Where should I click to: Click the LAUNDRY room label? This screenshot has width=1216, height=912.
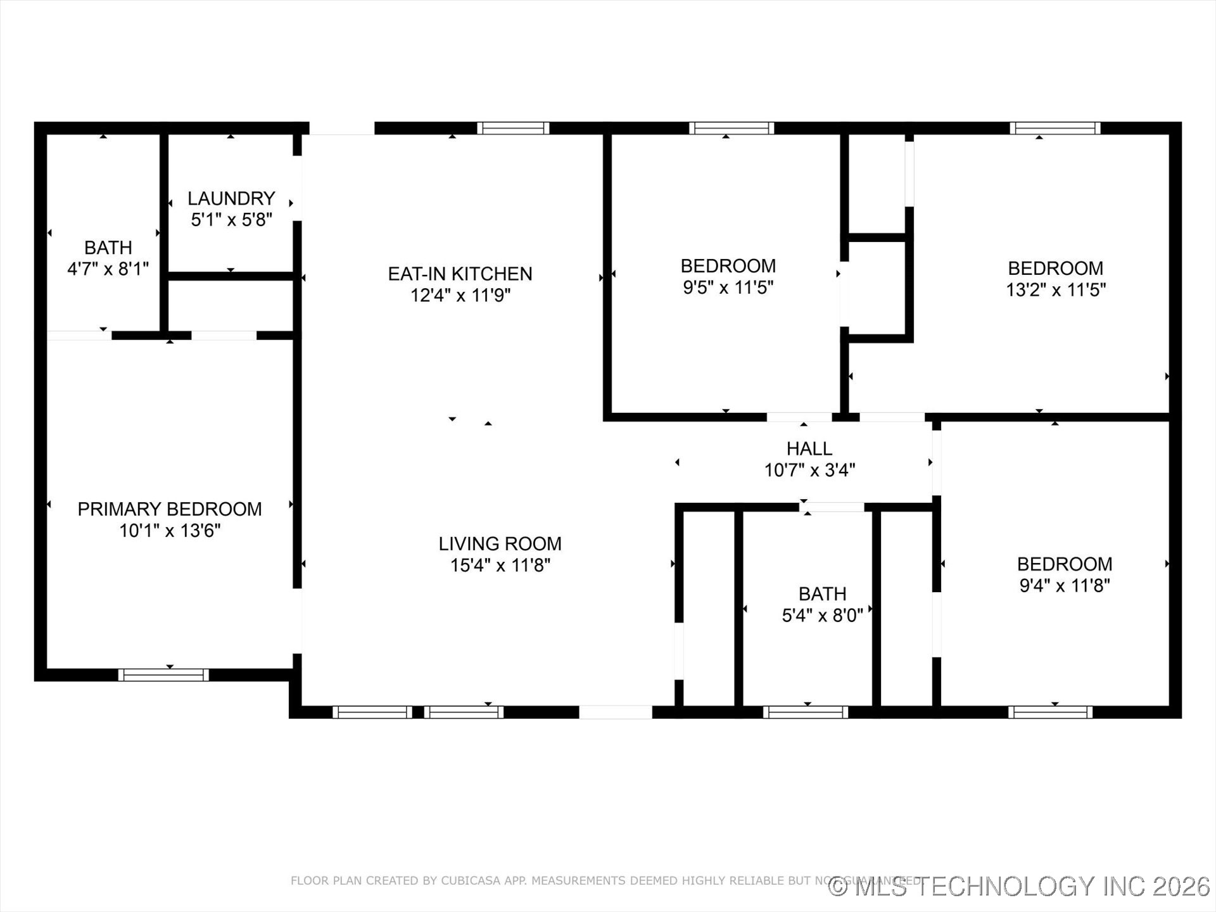(x=231, y=198)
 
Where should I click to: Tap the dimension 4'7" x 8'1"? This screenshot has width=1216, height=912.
(x=108, y=269)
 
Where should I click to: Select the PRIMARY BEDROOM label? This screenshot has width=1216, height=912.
(x=170, y=509)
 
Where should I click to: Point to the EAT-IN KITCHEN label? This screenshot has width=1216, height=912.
(x=460, y=274)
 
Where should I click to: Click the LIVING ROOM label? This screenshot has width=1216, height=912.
(x=500, y=543)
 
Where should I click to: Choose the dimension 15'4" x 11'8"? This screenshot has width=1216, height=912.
(x=500, y=565)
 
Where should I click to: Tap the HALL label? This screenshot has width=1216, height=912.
(x=809, y=448)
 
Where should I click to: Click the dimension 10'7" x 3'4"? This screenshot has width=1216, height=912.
(x=809, y=470)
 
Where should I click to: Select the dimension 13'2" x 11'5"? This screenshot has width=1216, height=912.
(x=1056, y=289)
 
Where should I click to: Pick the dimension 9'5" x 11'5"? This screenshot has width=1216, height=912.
(x=728, y=288)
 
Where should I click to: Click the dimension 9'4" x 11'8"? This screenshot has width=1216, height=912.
(x=1065, y=585)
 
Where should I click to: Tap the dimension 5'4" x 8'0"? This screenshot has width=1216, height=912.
(x=822, y=615)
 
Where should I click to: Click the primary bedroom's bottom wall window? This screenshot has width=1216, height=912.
(x=163, y=675)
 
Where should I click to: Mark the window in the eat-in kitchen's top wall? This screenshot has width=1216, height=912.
(x=513, y=128)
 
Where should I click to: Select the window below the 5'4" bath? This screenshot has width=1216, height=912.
(x=805, y=712)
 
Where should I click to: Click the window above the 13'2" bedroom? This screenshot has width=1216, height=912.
(x=1054, y=128)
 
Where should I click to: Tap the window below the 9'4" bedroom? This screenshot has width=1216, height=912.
(x=1050, y=712)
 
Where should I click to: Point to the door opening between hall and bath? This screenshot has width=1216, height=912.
(x=832, y=507)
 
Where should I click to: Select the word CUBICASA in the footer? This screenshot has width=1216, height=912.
(x=467, y=880)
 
